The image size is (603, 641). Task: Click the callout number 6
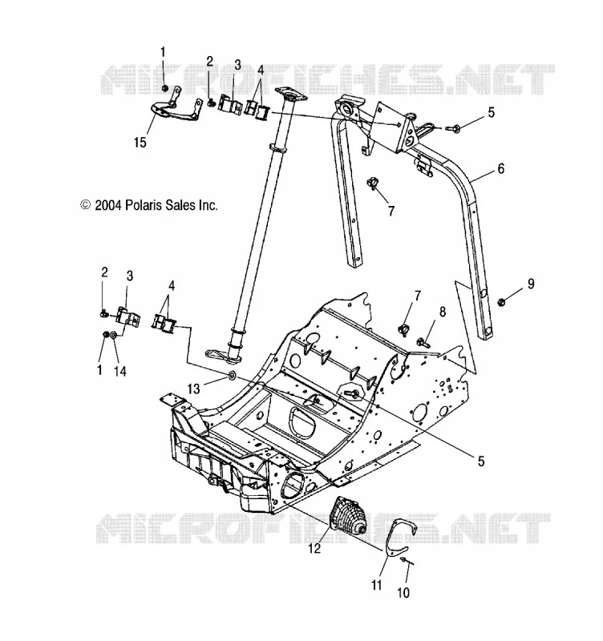pyautogui.click(x=500, y=168)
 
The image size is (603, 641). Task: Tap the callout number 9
pyautogui.click(x=531, y=284)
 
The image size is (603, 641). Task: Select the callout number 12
pyautogui.click(x=314, y=548)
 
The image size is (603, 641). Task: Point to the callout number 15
pyautogui.click(x=140, y=143)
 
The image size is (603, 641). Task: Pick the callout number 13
pyautogui.click(x=193, y=389)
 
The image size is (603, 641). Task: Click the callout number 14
pyautogui.click(x=119, y=371)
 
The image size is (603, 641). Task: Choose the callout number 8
pyautogui.click(x=443, y=312)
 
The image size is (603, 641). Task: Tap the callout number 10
pyautogui.click(x=403, y=592)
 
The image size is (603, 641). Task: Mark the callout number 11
pyautogui.click(x=376, y=585)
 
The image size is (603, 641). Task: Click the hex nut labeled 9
pyautogui.click(x=501, y=303)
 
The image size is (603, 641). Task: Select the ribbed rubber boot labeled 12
pyautogui.click(x=348, y=515)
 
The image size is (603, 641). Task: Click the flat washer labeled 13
pyautogui.click(x=231, y=374)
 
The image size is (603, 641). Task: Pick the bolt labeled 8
pyautogui.click(x=423, y=342)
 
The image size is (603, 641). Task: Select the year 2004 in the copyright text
pyautogui.click(x=108, y=205)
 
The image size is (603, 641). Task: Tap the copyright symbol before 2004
pyautogui.click(x=85, y=204)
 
